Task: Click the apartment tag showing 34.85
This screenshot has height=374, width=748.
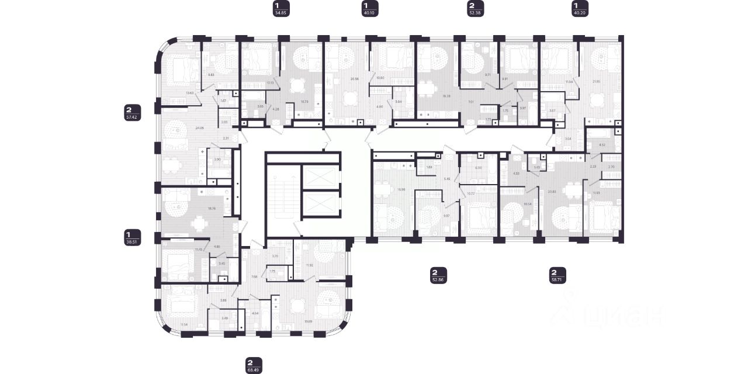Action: click(x=281, y=9)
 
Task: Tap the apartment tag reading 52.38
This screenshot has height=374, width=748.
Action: click(x=475, y=9)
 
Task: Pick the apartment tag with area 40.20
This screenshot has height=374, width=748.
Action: click(x=579, y=9)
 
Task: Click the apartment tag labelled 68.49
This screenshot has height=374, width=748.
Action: click(x=254, y=365)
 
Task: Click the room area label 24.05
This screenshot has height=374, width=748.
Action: click(x=199, y=127)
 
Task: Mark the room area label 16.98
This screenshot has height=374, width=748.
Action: click(x=385, y=190)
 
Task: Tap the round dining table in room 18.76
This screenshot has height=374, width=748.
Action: click(x=200, y=221)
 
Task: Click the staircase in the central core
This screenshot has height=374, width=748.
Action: click(x=280, y=193)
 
